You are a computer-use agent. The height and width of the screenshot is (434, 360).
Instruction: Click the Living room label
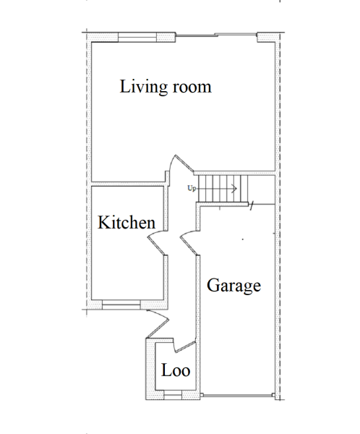point(166,87)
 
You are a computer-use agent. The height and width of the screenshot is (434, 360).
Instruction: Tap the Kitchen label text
point(127,222)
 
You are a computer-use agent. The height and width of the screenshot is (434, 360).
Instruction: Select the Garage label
point(233,286)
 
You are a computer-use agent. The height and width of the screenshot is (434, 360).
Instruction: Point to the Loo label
point(176,370)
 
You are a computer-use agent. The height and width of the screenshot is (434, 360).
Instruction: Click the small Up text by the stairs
point(192,189)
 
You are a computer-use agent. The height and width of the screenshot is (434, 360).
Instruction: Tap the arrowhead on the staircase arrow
point(235,189)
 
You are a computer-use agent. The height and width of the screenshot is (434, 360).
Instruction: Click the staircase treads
point(223,189)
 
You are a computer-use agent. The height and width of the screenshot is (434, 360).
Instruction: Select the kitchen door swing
point(157,242)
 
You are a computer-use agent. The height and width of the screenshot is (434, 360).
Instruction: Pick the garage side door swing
point(189,242)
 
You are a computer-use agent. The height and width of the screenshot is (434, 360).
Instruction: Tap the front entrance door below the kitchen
point(158,323)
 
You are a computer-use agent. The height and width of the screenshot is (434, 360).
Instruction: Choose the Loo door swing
point(184,346)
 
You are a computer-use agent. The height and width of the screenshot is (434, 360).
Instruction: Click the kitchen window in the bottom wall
point(121,305)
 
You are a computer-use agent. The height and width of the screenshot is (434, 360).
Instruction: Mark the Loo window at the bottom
point(173,395)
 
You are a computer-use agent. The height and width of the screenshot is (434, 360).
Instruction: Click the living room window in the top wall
point(137,37)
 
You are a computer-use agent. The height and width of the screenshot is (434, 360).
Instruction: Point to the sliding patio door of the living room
point(216,35)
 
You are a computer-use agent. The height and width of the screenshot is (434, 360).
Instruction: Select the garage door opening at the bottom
point(238,396)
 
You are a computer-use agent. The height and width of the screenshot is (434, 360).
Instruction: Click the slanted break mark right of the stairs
point(252,205)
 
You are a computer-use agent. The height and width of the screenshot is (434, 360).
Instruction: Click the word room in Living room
point(192,87)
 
